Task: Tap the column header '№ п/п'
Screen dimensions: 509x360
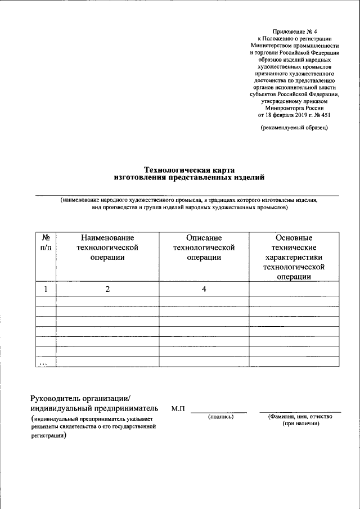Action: (x=46, y=242)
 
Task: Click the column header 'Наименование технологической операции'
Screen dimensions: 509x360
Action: (x=107, y=247)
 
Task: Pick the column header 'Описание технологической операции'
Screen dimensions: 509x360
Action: (x=204, y=247)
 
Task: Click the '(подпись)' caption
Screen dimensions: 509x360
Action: (x=220, y=417)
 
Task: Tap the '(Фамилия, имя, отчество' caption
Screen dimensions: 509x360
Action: (x=300, y=417)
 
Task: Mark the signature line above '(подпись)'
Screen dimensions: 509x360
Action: (x=219, y=412)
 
